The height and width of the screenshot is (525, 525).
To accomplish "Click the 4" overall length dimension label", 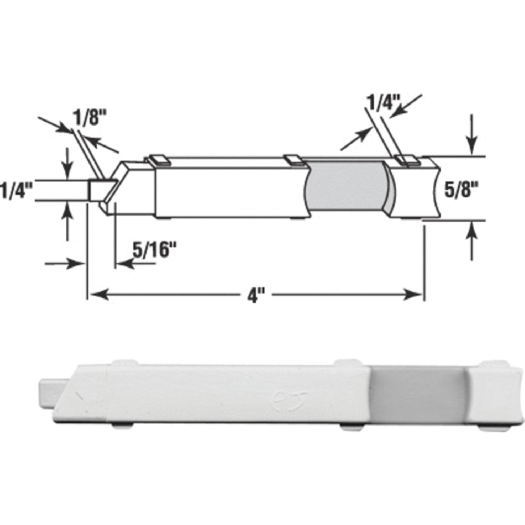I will (257, 295).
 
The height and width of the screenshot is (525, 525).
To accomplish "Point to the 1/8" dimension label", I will (90, 117).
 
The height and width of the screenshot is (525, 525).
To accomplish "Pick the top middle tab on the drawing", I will (294, 160).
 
